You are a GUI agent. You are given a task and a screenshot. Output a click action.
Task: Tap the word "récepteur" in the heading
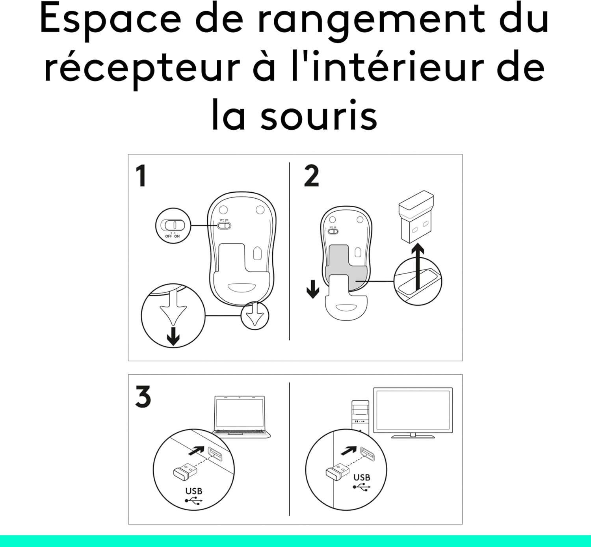(142, 68)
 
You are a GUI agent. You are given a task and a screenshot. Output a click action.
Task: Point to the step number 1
(141, 176)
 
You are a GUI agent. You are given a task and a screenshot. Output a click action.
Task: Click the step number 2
(311, 176)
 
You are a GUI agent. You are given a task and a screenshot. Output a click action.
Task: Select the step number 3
(143, 396)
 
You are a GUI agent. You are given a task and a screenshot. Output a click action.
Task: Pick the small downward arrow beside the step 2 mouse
(313, 289)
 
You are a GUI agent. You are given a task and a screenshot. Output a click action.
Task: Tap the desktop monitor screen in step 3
(413, 410)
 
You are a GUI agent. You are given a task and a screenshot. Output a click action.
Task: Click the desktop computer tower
(360, 416)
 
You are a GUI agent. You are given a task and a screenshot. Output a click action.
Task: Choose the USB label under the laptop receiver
(193, 491)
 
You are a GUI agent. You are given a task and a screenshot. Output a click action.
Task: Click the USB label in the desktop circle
(361, 478)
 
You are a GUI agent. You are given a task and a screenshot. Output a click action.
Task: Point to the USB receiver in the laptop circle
(184, 471)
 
